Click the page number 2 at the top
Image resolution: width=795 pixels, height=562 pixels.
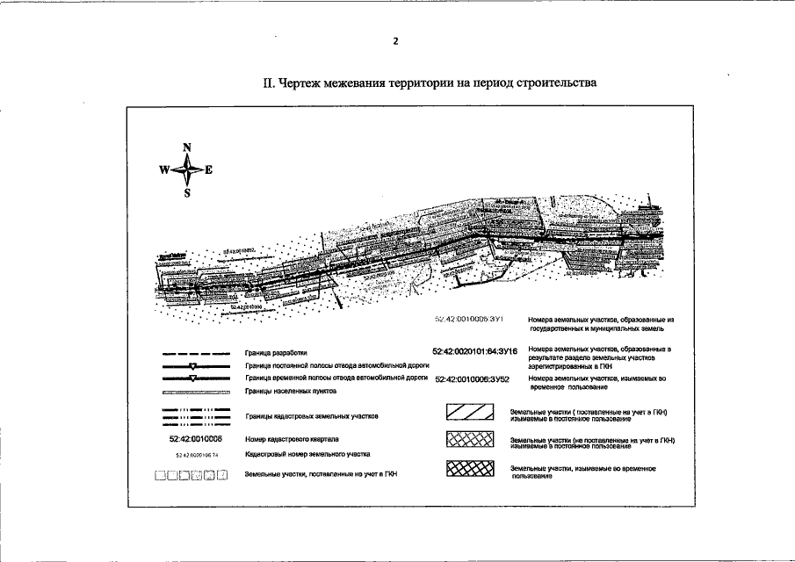pyautogui.click(x=396, y=40)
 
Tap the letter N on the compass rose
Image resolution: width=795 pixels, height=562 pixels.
pyautogui.click(x=187, y=148)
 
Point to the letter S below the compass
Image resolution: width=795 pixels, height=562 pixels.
pyautogui.click(x=187, y=194)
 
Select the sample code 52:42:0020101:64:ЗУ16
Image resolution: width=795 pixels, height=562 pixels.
pyautogui.click(x=473, y=351)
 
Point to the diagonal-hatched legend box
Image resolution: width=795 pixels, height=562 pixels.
pyautogui.click(x=471, y=414)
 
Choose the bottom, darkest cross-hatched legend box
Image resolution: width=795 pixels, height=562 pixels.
pyautogui.click(x=471, y=469)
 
